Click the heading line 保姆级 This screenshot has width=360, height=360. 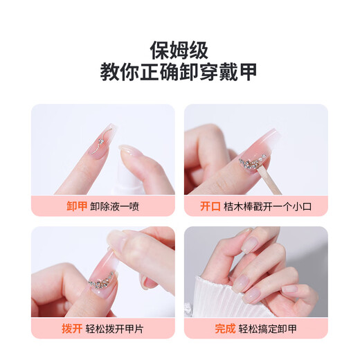pyautogui.click(x=180, y=49)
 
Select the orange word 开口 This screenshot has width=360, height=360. pyautogui.click(x=210, y=206)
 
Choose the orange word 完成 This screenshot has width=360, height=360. pyautogui.click(x=225, y=328)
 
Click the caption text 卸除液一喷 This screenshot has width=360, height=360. pyautogui.click(x=114, y=206)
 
